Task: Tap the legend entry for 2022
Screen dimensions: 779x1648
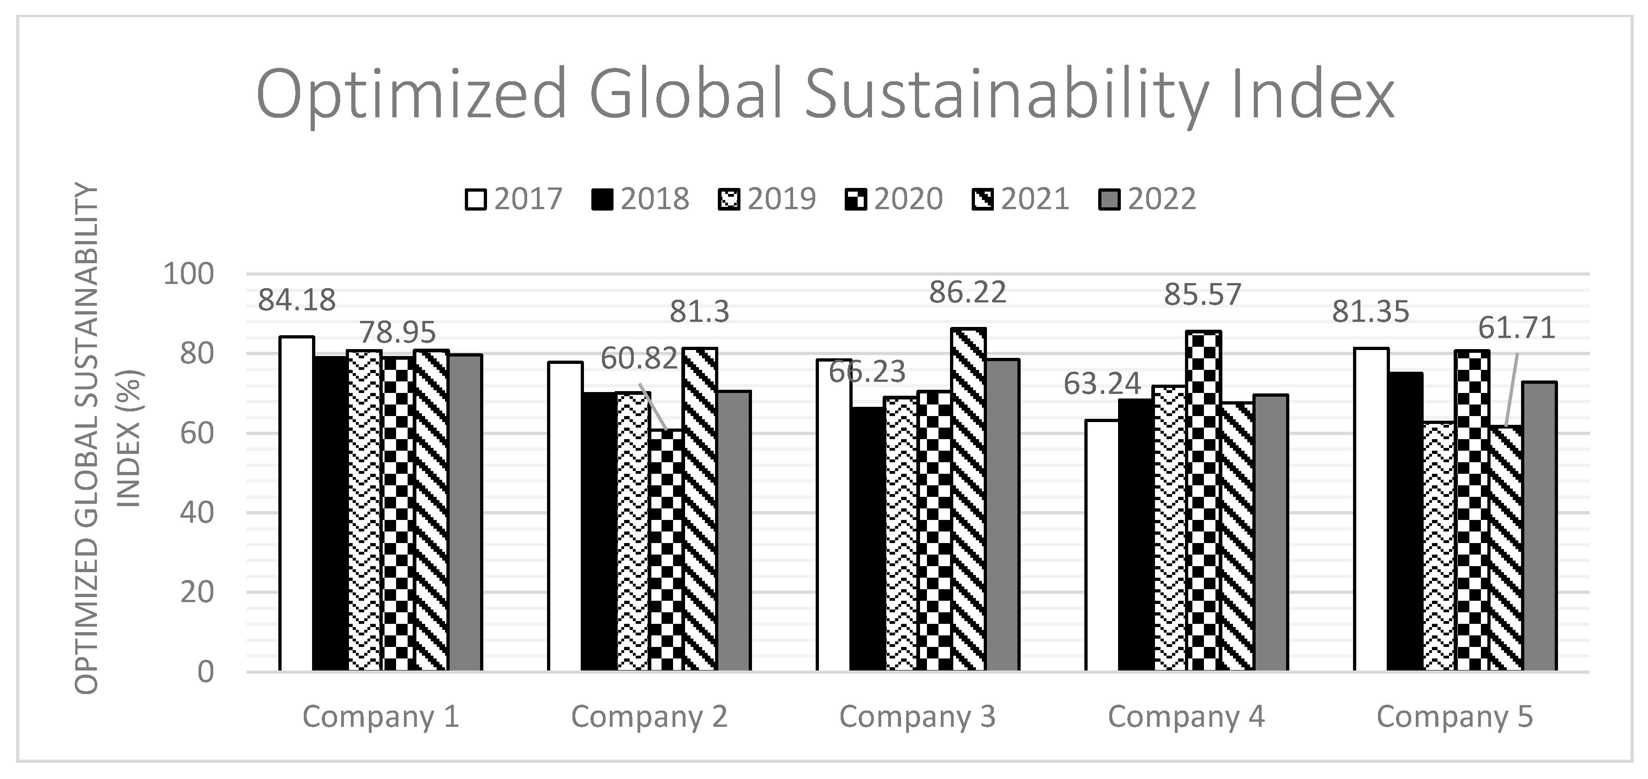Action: (x=1147, y=199)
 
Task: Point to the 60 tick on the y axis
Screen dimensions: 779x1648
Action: (x=196, y=433)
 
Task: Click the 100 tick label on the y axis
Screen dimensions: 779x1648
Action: (x=188, y=274)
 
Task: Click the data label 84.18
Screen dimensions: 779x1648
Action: (x=297, y=300)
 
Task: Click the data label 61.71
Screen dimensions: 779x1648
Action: (x=1516, y=328)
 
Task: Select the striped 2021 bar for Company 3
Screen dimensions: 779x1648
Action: (x=968, y=499)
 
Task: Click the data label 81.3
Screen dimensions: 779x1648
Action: (x=699, y=312)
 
